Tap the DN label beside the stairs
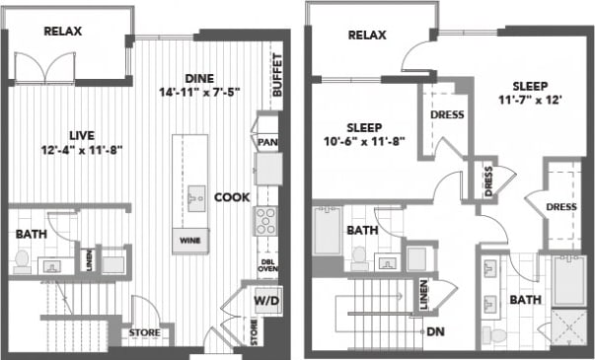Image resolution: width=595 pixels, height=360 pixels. [x=435, y=331]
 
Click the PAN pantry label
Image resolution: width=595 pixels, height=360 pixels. [x=266, y=143]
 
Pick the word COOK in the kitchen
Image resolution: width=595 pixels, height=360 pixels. [x=233, y=197]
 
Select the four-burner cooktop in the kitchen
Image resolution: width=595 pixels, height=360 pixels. [x=266, y=220]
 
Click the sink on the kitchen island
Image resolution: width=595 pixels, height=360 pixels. [x=197, y=193]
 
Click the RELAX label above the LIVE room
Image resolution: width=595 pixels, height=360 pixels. [x=62, y=32]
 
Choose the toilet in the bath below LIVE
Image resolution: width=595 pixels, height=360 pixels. [x=22, y=259]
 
